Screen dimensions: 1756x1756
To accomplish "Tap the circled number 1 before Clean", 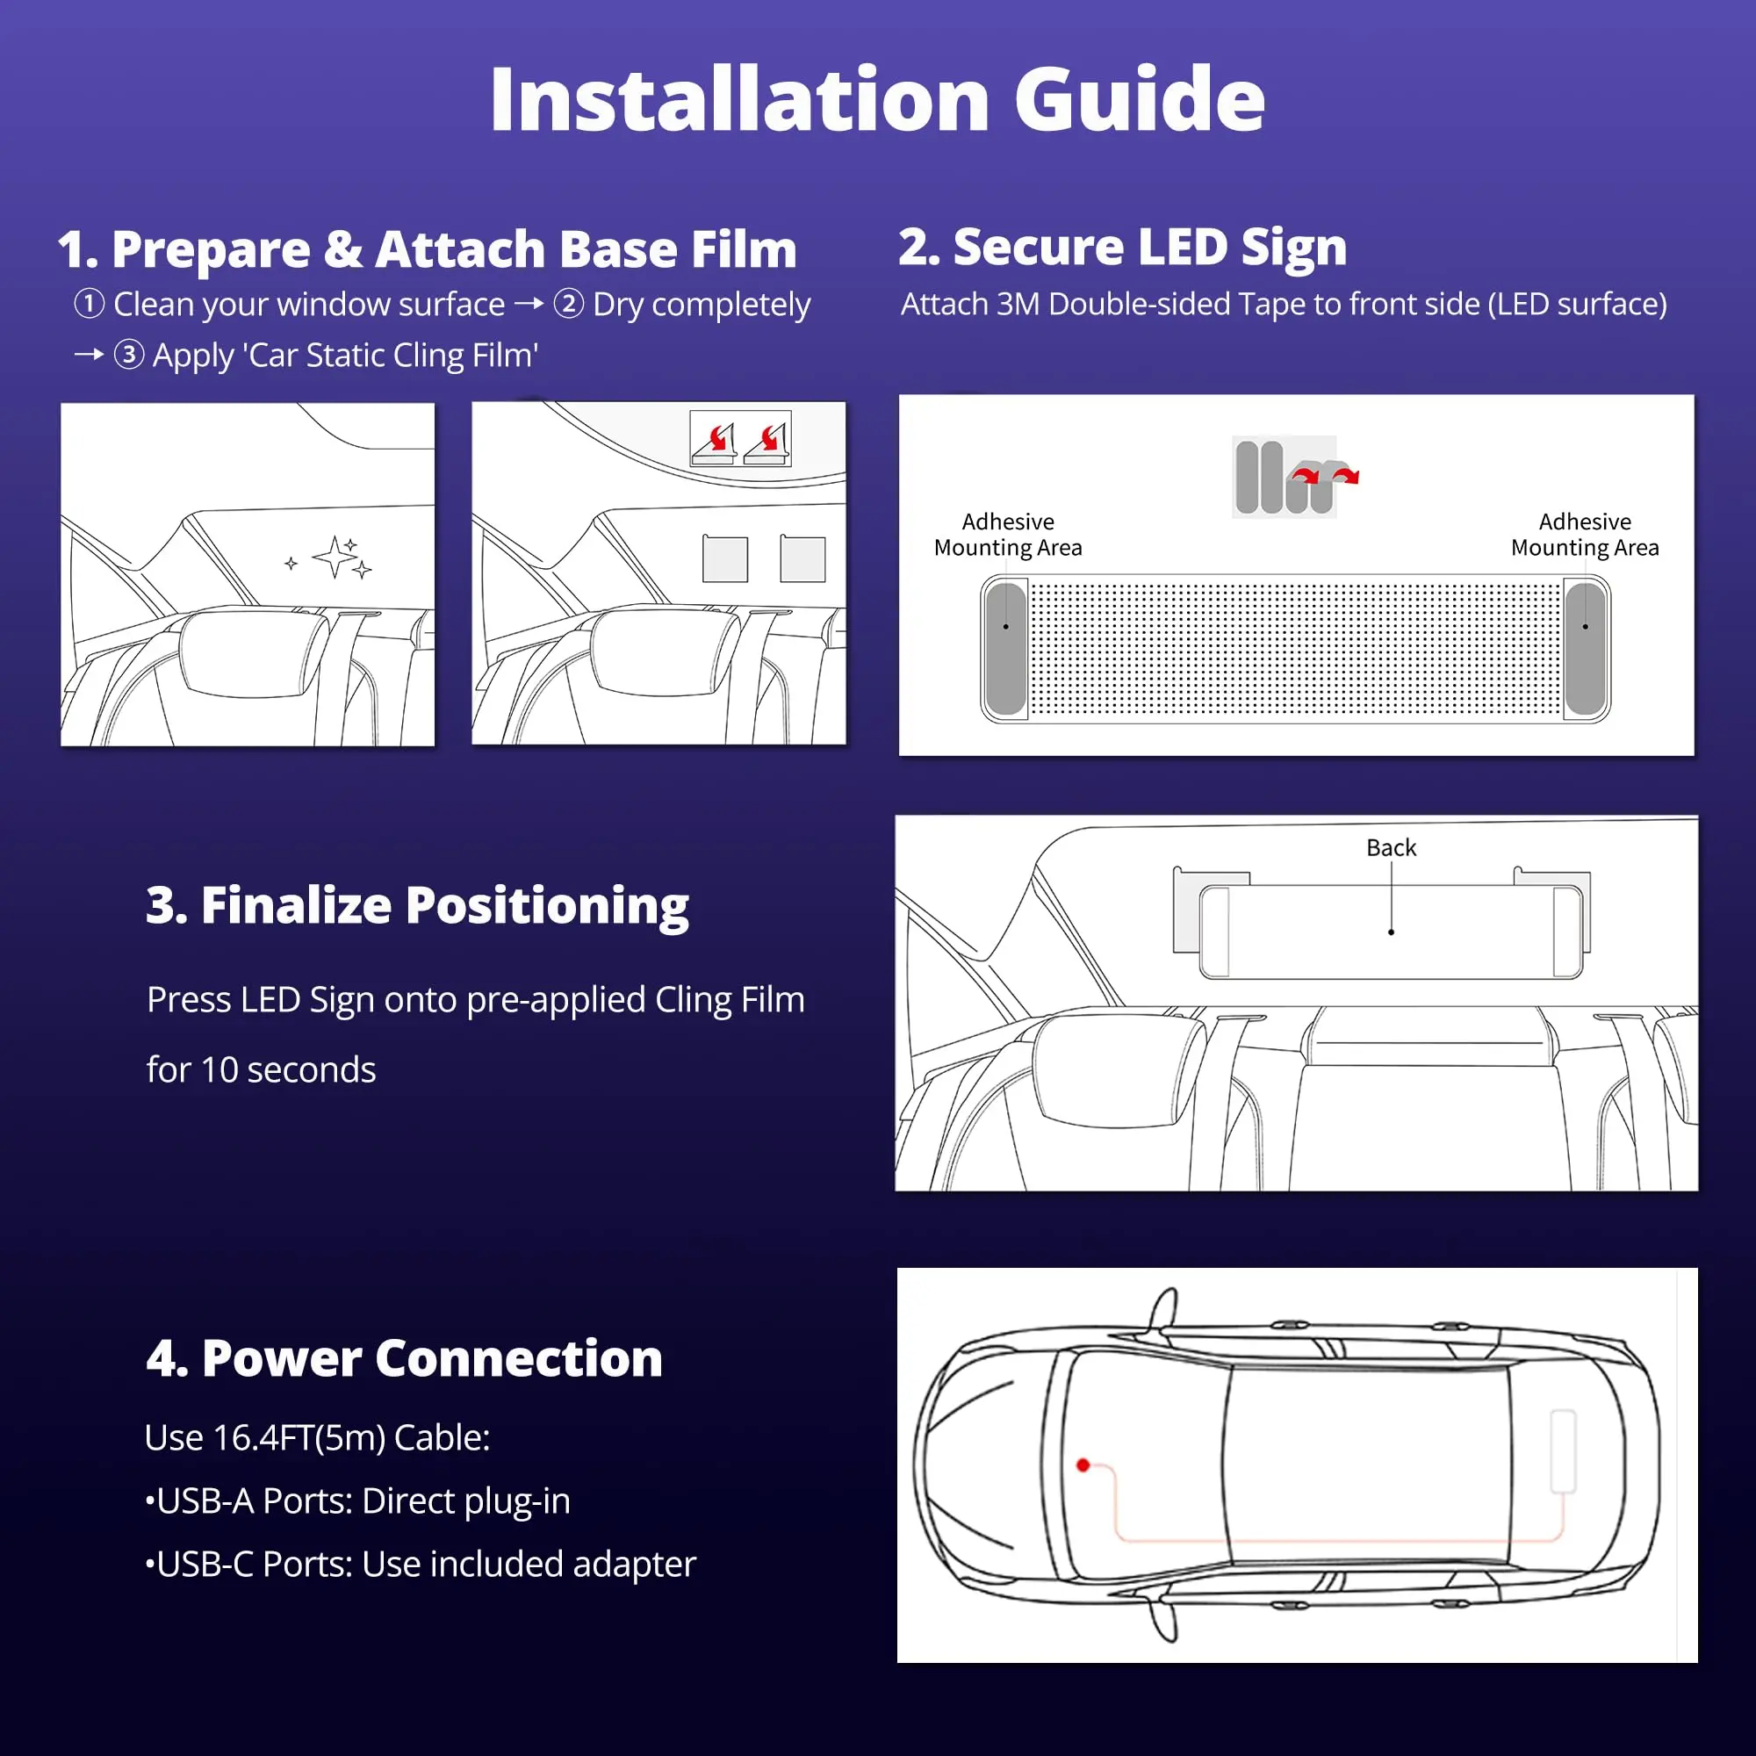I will click(89, 304).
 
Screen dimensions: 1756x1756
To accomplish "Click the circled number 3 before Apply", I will click(129, 355).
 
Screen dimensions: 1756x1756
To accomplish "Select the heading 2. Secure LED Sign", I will click(1121, 248).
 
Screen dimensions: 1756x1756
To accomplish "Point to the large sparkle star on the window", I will click(335, 556).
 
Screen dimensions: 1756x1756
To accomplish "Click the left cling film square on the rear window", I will click(724, 559).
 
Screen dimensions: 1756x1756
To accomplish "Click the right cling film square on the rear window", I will click(802, 559).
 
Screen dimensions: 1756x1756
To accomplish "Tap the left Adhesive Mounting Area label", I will click(1008, 535).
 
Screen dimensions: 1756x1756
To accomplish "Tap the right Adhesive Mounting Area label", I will click(1584, 535).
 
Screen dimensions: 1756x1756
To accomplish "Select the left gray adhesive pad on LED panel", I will click(1005, 648).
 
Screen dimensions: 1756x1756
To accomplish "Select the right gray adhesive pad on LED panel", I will click(1585, 648).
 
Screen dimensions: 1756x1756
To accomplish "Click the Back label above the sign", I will click(1391, 847).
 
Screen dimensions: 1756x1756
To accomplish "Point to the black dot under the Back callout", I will click(1391, 932).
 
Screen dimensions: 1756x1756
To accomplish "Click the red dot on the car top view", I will click(1083, 1465).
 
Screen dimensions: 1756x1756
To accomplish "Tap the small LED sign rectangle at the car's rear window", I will click(1563, 1450).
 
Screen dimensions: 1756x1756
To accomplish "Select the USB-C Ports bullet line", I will click(420, 1565).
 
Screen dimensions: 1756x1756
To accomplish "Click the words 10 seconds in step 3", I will click(288, 1069).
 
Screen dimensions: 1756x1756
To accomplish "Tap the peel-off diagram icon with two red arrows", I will click(740, 439).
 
